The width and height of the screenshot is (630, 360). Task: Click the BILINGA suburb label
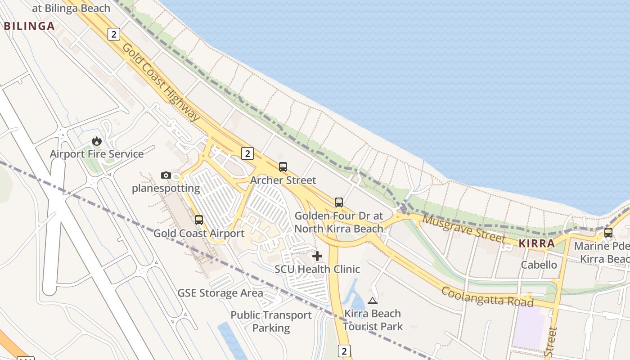tap(29, 26)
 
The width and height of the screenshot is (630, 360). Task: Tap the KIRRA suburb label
tap(536, 243)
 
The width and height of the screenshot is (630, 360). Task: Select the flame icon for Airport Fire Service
tap(96, 141)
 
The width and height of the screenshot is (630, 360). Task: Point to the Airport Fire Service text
tap(97, 154)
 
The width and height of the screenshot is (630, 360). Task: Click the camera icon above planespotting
tap(166, 175)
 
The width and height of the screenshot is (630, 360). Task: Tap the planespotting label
tap(166, 188)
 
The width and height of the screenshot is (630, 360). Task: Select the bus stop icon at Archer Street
tap(283, 167)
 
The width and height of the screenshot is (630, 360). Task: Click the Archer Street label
tap(283, 180)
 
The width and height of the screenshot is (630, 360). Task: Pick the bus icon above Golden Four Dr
tap(338, 202)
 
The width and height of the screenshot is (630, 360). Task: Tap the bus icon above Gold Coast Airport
tap(198, 220)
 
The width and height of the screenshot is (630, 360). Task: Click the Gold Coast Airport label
tap(199, 234)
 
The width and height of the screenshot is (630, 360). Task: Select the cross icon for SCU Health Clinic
tap(317, 256)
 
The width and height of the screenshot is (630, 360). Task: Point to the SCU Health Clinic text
tap(317, 269)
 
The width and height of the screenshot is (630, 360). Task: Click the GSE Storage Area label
tap(220, 293)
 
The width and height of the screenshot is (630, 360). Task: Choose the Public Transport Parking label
tap(271, 321)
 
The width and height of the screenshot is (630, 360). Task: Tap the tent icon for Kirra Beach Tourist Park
tap(372, 301)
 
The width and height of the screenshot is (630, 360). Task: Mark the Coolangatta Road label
tap(487, 297)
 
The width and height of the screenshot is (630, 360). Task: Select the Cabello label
tap(539, 265)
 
